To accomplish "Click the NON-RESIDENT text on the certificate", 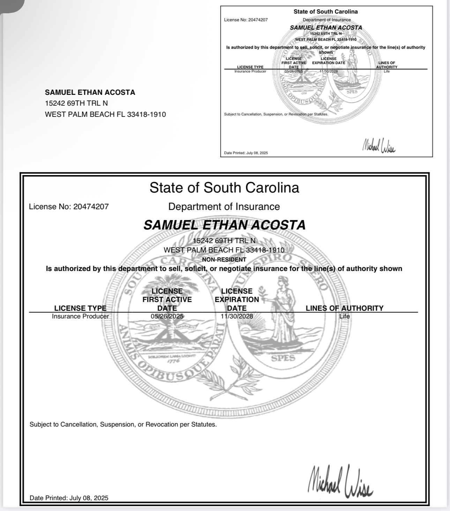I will tap(224, 260).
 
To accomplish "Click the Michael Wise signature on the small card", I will tap(379, 145).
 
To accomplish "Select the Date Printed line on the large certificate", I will tap(69, 498).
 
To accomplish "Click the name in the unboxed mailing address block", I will tap(90, 92).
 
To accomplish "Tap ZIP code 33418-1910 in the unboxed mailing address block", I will tap(147, 114).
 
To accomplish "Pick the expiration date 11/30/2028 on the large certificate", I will tap(237, 316).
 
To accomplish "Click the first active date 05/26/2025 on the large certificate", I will tap(167, 316).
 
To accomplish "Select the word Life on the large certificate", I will tap(344, 316).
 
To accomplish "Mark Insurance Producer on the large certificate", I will tap(80, 316).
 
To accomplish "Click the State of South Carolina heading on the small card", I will tap(325, 12).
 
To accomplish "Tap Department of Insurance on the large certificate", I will tap(224, 206).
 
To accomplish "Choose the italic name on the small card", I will tap(326, 28).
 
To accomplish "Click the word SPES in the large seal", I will tap(283, 358).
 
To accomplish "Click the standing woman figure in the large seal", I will tap(284, 310).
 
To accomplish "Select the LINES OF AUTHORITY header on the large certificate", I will tap(344, 308).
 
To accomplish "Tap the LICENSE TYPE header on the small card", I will tap(250, 67).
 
